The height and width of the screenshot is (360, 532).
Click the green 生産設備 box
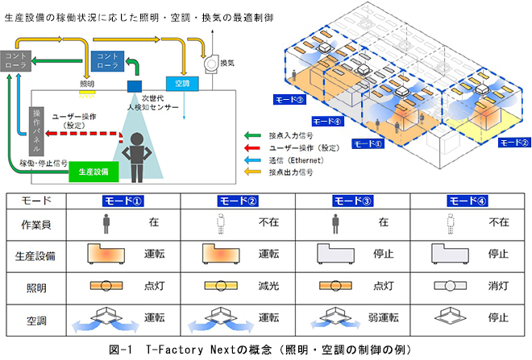click(94, 172)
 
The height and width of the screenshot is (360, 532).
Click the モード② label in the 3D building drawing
click(513, 143)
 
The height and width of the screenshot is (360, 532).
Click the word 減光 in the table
click(269, 286)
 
